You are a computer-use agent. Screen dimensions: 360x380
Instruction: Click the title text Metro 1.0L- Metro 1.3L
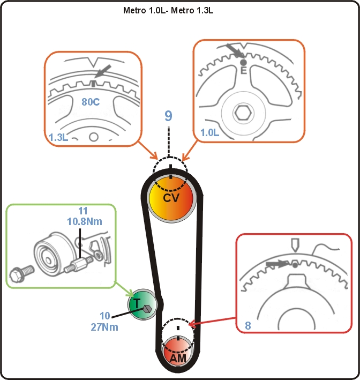click(168, 10)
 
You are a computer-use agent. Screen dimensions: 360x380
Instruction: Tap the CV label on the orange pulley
click(171, 198)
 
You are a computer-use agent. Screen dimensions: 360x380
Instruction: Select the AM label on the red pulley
click(178, 359)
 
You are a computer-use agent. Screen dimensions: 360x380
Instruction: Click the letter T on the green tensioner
click(137, 303)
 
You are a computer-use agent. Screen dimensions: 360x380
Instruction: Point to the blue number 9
click(168, 116)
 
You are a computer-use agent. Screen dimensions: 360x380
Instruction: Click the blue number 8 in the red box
click(248, 325)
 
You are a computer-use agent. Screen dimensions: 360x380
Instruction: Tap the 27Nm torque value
click(104, 327)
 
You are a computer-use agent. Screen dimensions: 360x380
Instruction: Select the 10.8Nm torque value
click(85, 221)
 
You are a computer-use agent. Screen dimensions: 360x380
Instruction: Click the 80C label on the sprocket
click(91, 102)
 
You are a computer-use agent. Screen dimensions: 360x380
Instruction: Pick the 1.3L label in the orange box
click(58, 137)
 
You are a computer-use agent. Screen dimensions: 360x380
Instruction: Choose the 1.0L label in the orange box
click(210, 132)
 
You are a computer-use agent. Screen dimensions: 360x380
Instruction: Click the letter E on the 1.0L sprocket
click(243, 71)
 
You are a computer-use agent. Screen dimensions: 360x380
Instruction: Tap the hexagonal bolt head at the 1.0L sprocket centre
click(243, 113)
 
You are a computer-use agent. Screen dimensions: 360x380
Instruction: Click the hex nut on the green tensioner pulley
click(147, 309)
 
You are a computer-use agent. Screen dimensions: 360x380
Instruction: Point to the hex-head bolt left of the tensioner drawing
click(21, 273)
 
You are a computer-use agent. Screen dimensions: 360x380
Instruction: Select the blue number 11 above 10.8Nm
click(83, 211)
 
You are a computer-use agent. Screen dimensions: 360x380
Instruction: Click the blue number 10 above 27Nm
click(105, 316)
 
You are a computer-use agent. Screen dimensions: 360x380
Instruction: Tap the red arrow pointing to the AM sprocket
click(212, 321)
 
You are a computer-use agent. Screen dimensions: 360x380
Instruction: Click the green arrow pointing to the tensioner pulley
click(124, 289)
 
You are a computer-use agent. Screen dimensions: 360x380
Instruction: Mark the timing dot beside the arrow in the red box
click(295, 265)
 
